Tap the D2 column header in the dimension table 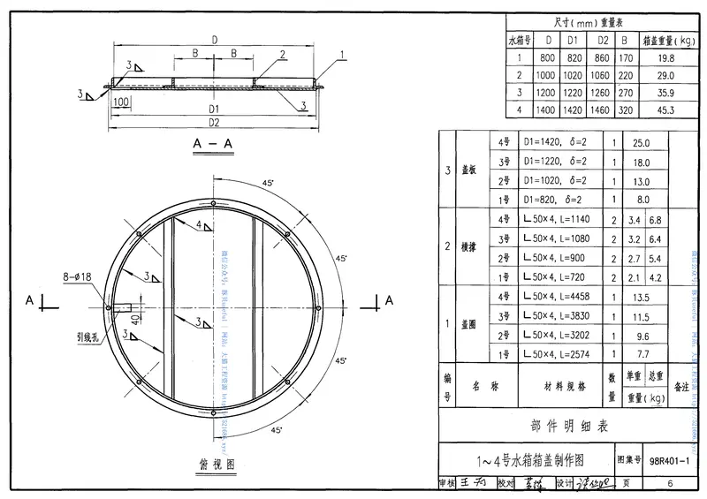pyautogui.click(x=603, y=40)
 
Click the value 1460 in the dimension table pyautogui.click(x=603, y=110)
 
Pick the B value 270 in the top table pyautogui.click(x=626, y=93)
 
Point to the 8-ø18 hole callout pyautogui.click(x=76, y=276)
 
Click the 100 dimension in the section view pyautogui.click(x=121, y=103)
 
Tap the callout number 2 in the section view pyautogui.click(x=282, y=54)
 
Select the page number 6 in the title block pyautogui.click(x=670, y=483)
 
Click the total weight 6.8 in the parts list pyautogui.click(x=656, y=220)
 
